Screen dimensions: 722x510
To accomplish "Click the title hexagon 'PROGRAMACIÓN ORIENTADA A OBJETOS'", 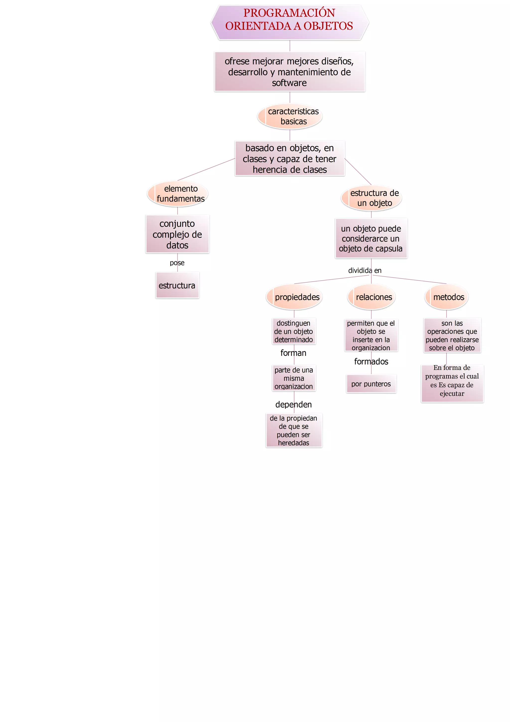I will coord(289,22).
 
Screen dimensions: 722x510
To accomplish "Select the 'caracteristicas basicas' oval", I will coord(290,116).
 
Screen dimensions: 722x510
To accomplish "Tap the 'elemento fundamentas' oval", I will coord(178,194).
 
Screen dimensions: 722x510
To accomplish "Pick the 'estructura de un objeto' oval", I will coord(372,198).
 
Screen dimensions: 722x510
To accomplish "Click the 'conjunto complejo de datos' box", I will coord(177,234).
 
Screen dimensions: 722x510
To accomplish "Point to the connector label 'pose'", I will coord(177,263).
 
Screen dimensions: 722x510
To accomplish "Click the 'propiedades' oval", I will coord(294,297).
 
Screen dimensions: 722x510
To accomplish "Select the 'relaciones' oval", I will coord(372,297).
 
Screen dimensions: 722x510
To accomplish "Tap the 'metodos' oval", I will coord(446,297).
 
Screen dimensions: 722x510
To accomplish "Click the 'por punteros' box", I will coord(371,384).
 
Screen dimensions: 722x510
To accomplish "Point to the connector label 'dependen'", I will coord(294,404).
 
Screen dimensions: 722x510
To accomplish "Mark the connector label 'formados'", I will coord(371,362).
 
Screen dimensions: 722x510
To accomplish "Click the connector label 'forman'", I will coord(293,353).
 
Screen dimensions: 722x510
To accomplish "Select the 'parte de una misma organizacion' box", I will coord(294,378).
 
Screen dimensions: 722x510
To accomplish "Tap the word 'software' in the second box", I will coord(289,83).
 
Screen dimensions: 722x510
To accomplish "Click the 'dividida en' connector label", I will coord(365,270).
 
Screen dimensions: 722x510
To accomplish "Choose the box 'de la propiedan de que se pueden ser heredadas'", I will coord(294,430).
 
